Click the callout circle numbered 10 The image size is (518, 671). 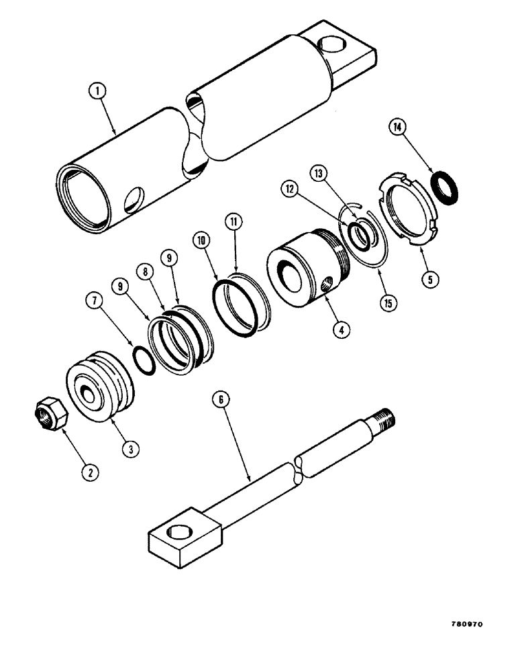click(x=199, y=240)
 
